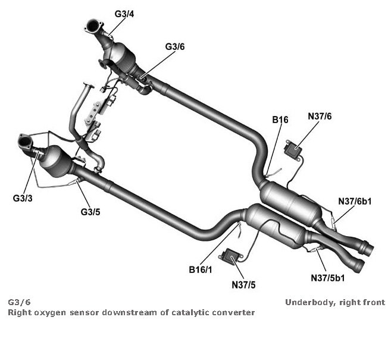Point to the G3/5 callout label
(90, 211)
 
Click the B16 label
(280, 120)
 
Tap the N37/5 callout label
(244, 284)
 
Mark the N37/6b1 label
(355, 201)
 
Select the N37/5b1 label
(328, 277)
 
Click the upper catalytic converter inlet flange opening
(94, 27)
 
